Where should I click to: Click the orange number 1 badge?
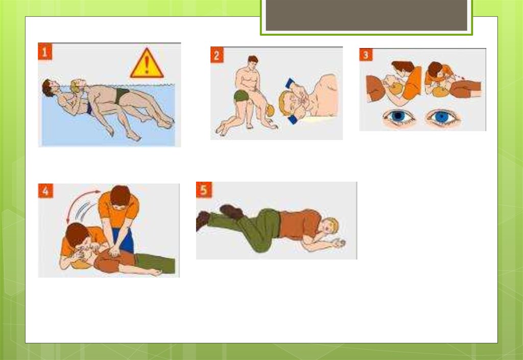[x=45, y=52]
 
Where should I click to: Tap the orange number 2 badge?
[x=217, y=55]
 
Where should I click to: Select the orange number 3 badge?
[x=366, y=55]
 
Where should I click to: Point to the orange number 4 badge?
[x=45, y=191]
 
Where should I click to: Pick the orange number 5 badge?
[x=204, y=190]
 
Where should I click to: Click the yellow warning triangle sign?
[x=147, y=63]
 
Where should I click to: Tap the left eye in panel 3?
[x=398, y=116]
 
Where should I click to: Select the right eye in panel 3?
[x=442, y=117]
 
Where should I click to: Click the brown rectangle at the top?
[x=366, y=15]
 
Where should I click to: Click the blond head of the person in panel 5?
[x=330, y=225]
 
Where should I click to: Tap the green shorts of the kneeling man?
[x=242, y=95]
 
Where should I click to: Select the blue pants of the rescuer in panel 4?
[x=124, y=240]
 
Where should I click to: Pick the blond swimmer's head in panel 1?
[x=78, y=85]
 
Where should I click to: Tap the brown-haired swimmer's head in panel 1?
[x=50, y=88]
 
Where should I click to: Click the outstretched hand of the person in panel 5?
[x=339, y=244]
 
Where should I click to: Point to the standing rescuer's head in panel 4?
[x=120, y=197]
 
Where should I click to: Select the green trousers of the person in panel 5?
[x=247, y=227]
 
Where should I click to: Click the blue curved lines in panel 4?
[x=85, y=210]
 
